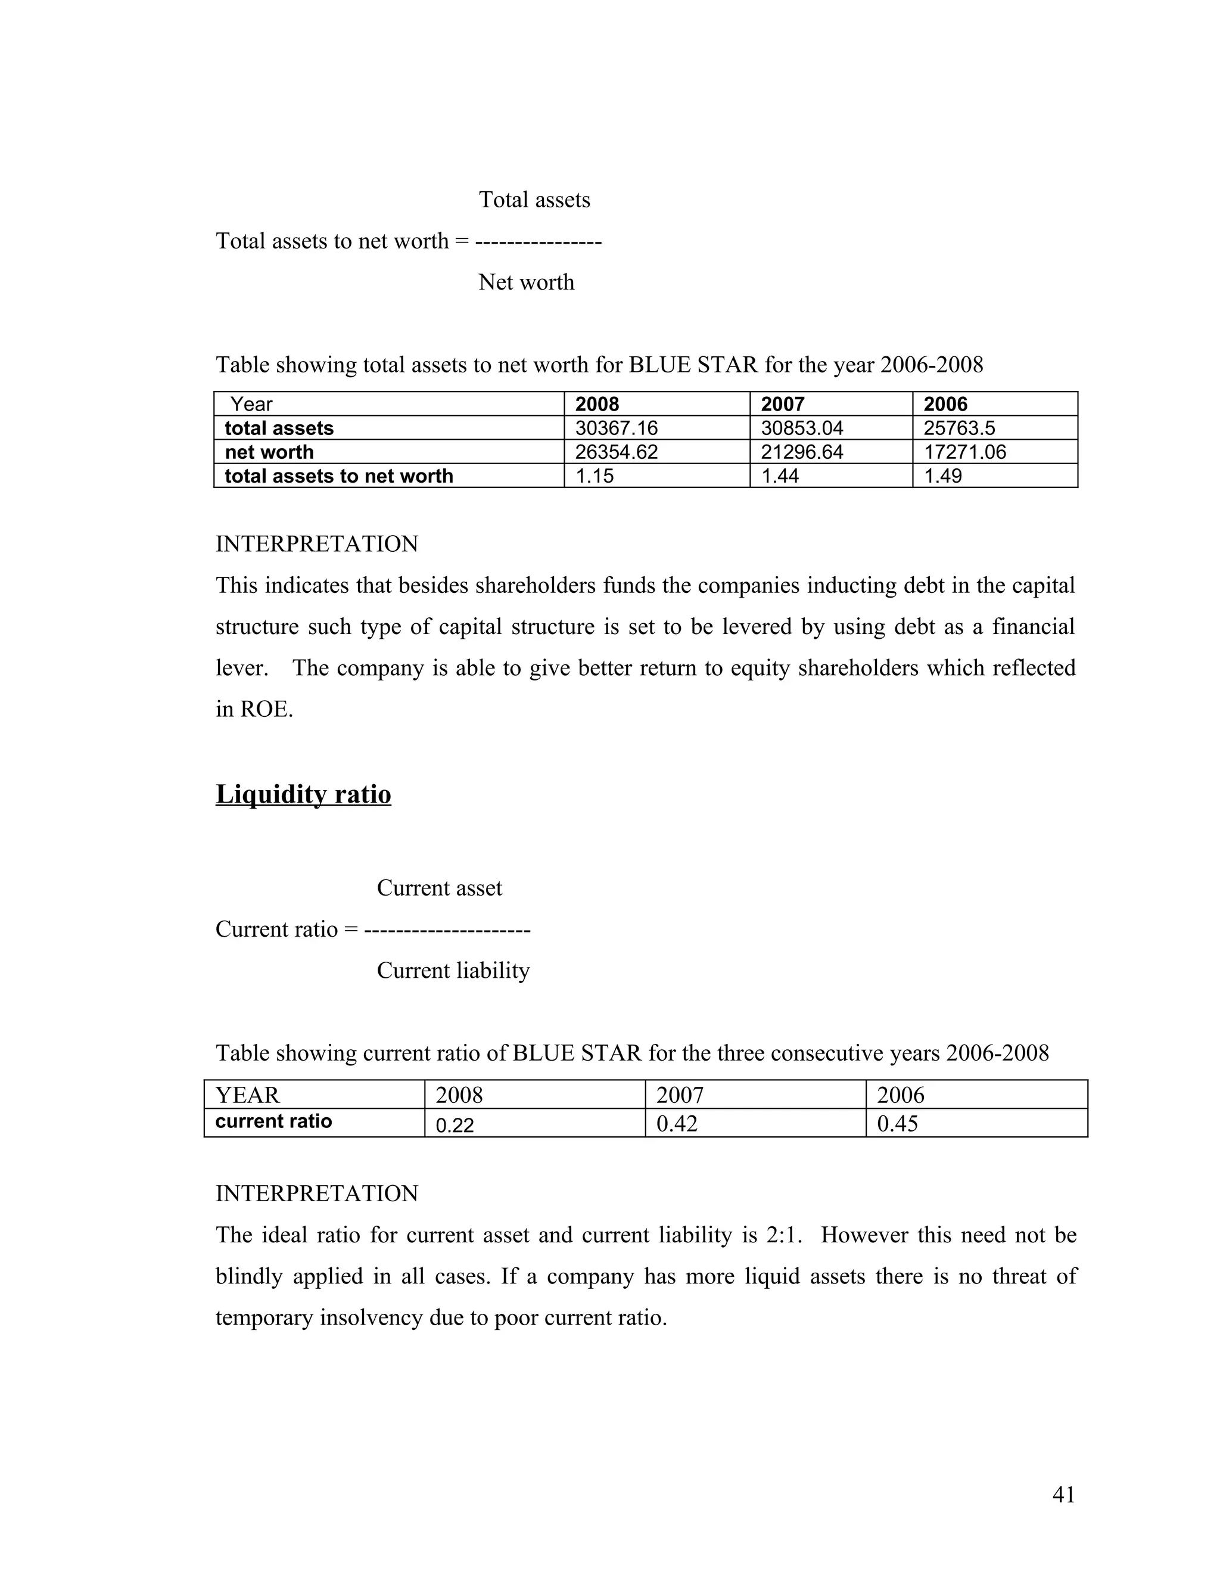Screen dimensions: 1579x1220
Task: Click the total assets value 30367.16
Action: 616,428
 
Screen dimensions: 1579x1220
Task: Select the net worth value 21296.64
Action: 802,452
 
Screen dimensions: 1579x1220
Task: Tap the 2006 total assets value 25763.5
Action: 958,428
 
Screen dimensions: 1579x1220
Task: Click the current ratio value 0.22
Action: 455,1125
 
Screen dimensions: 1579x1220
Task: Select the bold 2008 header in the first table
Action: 597,404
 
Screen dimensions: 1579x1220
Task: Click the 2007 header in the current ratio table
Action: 679,1095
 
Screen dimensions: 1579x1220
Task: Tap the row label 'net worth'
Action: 269,452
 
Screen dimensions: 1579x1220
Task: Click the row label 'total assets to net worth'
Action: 338,475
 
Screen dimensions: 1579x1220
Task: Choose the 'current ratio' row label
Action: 273,1121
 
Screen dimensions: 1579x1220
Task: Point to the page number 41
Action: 1063,1494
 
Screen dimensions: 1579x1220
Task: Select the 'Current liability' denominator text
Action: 453,970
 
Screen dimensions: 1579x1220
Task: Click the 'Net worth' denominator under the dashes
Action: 525,282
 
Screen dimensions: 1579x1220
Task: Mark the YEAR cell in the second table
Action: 247,1095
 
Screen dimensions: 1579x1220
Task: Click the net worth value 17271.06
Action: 964,452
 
